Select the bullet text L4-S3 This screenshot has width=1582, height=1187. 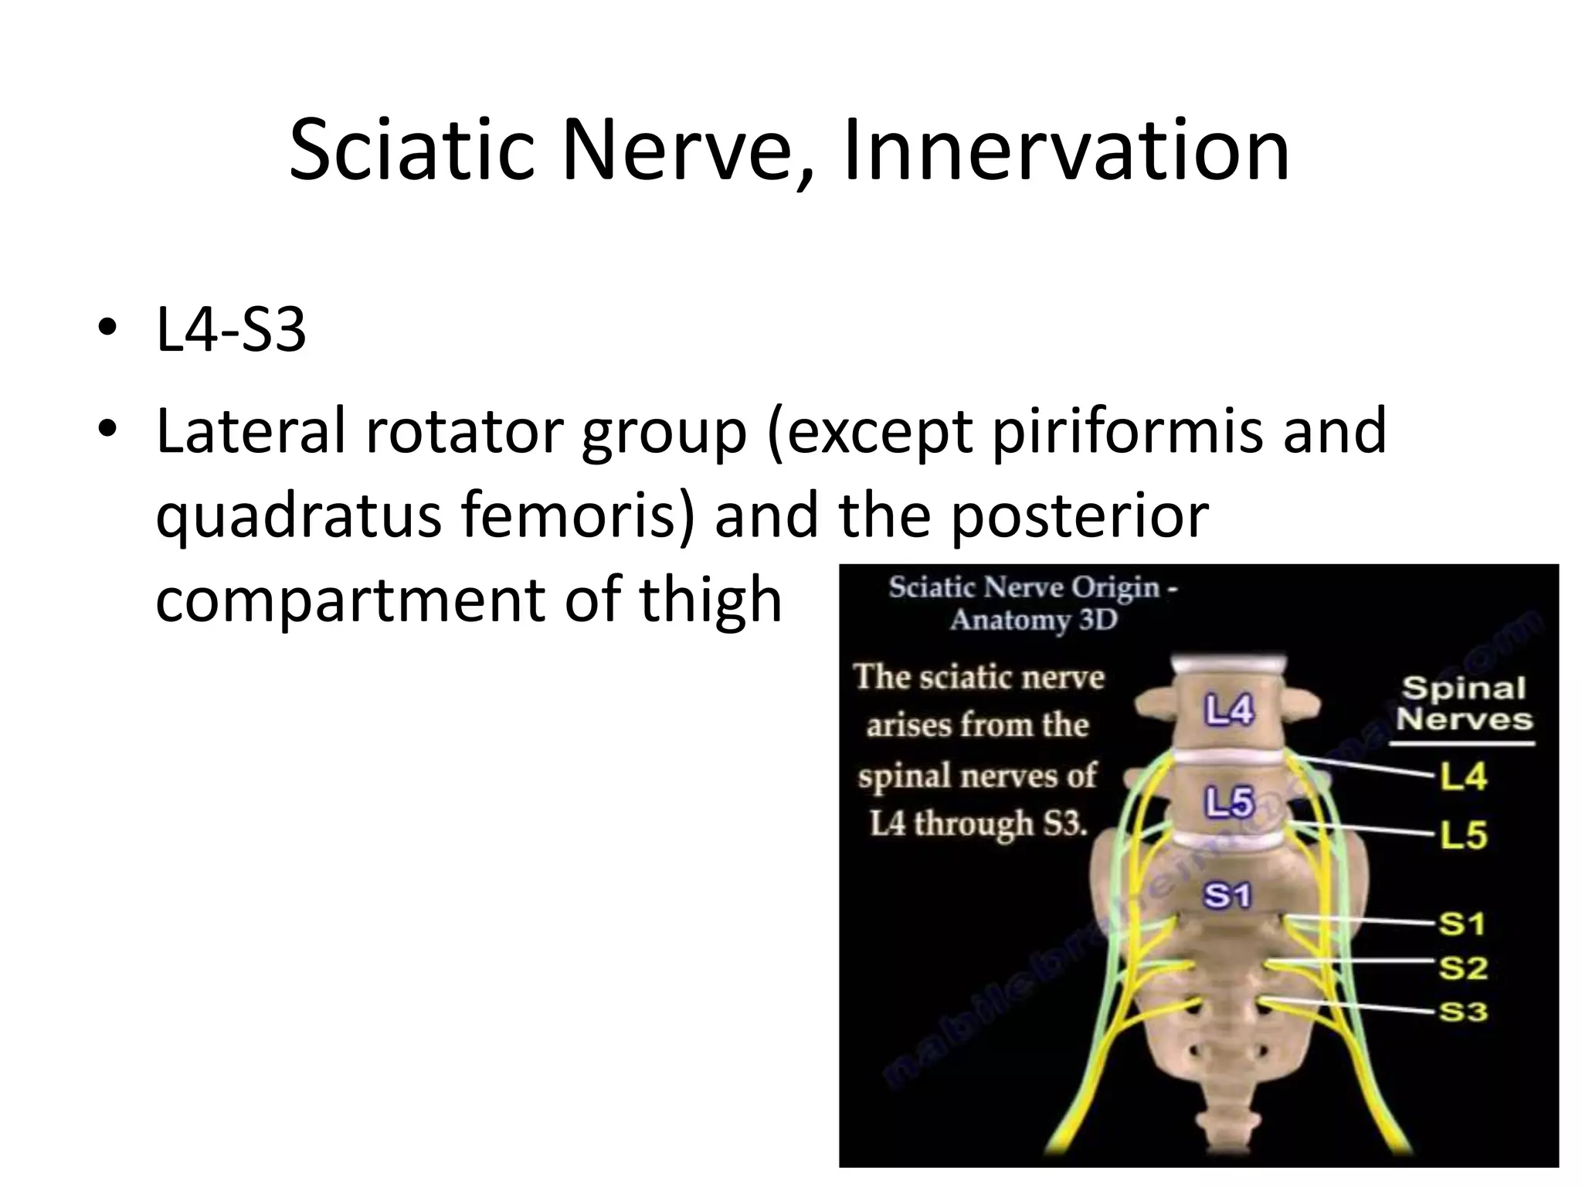231,330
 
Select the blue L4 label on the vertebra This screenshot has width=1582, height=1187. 1229,709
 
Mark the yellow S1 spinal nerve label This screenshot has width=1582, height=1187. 1462,923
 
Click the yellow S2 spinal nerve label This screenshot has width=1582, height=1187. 1462,968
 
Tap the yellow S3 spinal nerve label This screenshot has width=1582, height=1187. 1462,1012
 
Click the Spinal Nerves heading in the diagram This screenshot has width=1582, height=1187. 1463,703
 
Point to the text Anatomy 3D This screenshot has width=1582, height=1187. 1034,621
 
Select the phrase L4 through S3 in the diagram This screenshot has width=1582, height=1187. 979,825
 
